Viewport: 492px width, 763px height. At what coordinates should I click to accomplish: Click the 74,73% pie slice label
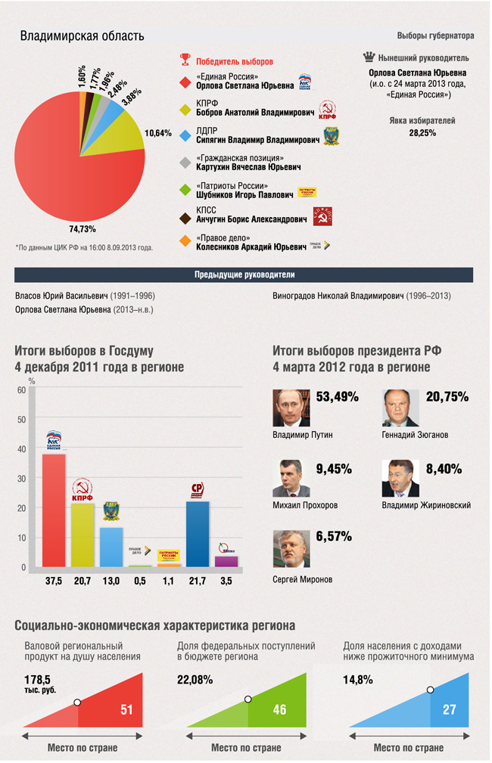(x=83, y=228)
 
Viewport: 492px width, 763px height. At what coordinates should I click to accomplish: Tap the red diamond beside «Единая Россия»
(x=184, y=82)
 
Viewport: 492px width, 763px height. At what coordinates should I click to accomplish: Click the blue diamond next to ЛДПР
(x=184, y=135)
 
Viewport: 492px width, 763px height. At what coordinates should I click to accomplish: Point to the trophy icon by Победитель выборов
(x=185, y=60)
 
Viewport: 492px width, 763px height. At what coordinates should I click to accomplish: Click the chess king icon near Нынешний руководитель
(x=369, y=57)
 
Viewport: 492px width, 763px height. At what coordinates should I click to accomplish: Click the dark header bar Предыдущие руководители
(x=244, y=274)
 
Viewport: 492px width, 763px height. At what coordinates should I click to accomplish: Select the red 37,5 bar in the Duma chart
(x=54, y=510)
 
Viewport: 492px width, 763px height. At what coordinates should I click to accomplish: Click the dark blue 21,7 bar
(x=198, y=533)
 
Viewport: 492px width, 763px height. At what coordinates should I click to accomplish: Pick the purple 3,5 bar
(x=226, y=561)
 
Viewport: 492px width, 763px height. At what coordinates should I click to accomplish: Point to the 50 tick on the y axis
(x=22, y=419)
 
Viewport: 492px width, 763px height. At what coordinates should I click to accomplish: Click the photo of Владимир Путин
(x=291, y=408)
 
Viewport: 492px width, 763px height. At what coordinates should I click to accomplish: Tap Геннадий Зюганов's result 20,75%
(x=447, y=397)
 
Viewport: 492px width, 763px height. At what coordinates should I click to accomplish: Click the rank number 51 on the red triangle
(x=126, y=709)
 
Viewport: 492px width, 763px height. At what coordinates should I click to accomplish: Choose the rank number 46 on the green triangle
(x=279, y=709)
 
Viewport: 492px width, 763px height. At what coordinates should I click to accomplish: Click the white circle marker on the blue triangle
(x=430, y=690)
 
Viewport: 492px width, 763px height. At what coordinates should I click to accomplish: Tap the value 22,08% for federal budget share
(x=195, y=679)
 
